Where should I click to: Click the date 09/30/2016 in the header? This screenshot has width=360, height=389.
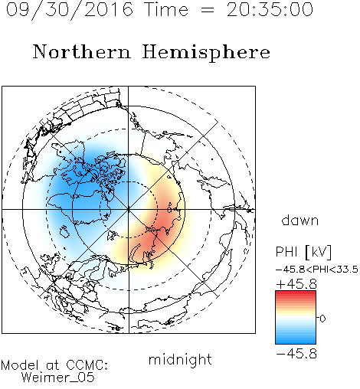(x=70, y=10)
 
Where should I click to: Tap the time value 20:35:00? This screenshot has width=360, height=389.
(x=270, y=10)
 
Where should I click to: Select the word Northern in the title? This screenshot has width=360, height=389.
(x=82, y=51)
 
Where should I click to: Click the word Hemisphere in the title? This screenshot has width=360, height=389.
(x=206, y=53)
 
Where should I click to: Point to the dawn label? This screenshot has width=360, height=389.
(x=300, y=220)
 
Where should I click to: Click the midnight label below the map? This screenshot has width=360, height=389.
(x=180, y=360)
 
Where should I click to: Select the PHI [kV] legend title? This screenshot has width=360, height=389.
(x=303, y=252)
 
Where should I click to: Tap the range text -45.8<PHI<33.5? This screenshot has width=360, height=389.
(x=317, y=270)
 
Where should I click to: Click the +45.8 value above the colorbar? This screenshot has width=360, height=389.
(x=296, y=284)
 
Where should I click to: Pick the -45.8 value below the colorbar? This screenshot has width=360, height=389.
(x=296, y=354)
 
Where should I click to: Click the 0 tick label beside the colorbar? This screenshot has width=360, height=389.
(x=322, y=319)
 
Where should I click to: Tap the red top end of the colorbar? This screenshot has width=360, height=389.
(x=296, y=293)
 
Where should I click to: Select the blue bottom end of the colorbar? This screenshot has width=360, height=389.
(x=296, y=342)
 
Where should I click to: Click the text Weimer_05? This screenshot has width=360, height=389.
(x=58, y=378)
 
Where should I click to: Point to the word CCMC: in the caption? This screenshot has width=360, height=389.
(x=87, y=365)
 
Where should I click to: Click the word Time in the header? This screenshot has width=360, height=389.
(x=166, y=10)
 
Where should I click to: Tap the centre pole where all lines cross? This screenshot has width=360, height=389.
(x=129, y=209)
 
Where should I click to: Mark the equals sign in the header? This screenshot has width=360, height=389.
(x=208, y=10)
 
